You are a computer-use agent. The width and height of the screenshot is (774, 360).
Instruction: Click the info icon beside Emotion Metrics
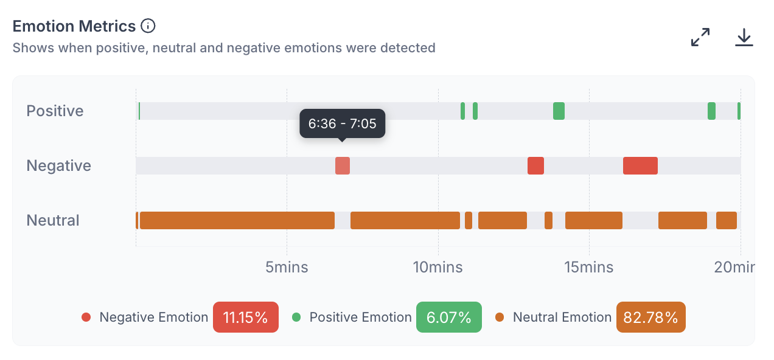pyautogui.click(x=148, y=26)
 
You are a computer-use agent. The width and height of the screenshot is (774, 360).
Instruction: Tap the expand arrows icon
pyautogui.click(x=700, y=37)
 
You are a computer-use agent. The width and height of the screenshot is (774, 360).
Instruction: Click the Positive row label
pyautogui.click(x=55, y=111)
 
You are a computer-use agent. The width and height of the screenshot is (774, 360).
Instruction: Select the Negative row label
pyautogui.click(x=59, y=165)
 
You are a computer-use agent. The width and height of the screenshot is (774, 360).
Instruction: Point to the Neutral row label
pyautogui.click(x=53, y=220)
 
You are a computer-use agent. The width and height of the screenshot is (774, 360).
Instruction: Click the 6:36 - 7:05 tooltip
pyautogui.click(x=342, y=123)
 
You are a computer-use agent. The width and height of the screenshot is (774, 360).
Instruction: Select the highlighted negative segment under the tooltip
pyautogui.click(x=343, y=165)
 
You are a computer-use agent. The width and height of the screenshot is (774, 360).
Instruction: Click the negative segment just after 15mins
pyautogui.click(x=640, y=165)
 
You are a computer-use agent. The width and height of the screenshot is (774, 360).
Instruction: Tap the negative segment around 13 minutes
pyautogui.click(x=535, y=165)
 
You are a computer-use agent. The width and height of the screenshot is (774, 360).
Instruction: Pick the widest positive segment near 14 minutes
pyautogui.click(x=559, y=111)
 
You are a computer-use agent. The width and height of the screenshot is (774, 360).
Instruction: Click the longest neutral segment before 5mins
pyautogui.click(x=237, y=220)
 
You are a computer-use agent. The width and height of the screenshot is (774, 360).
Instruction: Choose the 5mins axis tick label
pyautogui.click(x=287, y=267)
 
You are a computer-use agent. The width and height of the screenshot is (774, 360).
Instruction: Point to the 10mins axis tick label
pyautogui.click(x=438, y=267)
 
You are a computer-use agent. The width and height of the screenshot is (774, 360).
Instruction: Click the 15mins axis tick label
pyautogui.click(x=589, y=267)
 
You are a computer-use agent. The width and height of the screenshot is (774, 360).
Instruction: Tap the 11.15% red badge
pyautogui.click(x=246, y=317)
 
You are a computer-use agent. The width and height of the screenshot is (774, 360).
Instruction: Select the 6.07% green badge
pyautogui.click(x=449, y=317)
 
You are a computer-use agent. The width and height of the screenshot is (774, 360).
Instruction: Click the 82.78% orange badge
pyautogui.click(x=651, y=317)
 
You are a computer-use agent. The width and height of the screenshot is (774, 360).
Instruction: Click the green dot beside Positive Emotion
pyautogui.click(x=296, y=317)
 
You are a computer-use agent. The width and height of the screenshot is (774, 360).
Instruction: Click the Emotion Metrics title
pyautogui.click(x=74, y=26)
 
